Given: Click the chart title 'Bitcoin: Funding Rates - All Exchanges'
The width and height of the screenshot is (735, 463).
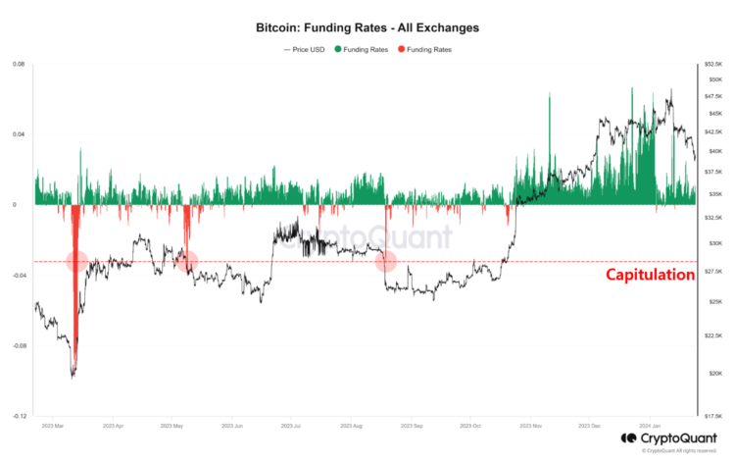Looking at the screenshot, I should click(x=367, y=28).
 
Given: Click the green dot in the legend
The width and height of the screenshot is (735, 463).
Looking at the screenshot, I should click(x=339, y=49).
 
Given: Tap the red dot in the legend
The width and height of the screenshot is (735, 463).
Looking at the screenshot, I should click(x=401, y=49).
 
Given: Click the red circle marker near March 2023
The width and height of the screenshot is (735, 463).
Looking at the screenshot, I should click(x=77, y=260).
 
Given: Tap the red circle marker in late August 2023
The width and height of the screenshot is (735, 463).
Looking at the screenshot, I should click(x=386, y=261).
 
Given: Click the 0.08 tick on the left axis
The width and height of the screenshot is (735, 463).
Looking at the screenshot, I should click(x=19, y=65).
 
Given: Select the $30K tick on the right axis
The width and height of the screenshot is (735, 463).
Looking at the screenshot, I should click(x=711, y=243).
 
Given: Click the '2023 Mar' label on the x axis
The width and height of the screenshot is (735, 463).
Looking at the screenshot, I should click(x=54, y=427).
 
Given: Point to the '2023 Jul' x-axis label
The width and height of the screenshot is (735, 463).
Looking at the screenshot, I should click(x=292, y=427).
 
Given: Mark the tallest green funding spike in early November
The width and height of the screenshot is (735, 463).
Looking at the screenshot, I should click(x=550, y=94).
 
